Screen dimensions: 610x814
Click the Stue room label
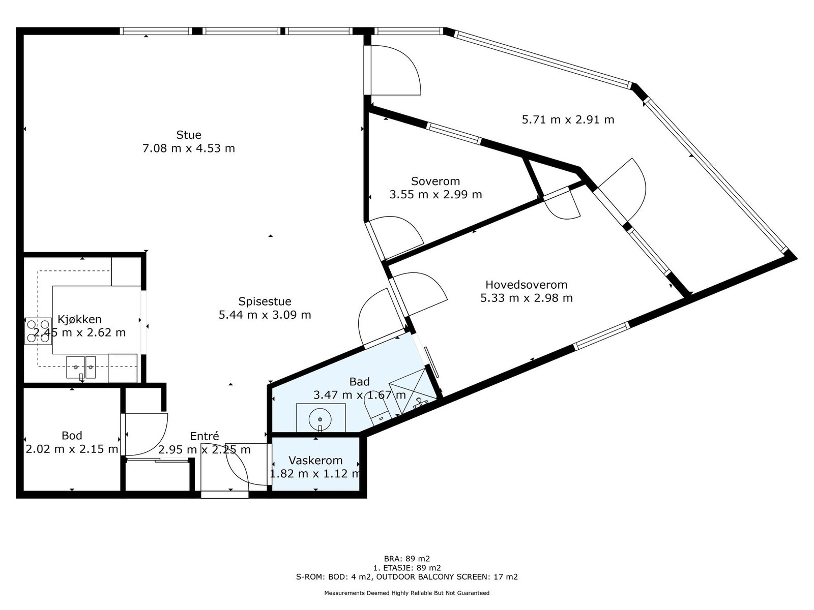tap(189, 135)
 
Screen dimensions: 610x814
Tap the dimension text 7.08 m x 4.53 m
tap(189, 148)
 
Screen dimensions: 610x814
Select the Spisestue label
tap(265, 301)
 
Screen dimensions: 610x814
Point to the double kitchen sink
tap(81, 367)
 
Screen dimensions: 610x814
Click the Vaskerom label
tap(315, 461)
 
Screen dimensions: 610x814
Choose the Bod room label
tap(72, 436)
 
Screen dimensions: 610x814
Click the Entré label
tap(205, 436)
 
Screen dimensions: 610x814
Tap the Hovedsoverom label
tap(526, 285)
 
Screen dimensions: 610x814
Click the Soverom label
tap(435, 181)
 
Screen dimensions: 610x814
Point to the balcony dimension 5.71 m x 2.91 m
tap(568, 120)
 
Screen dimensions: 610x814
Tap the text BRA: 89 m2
tap(407, 558)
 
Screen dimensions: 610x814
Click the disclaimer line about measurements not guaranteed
tap(407, 593)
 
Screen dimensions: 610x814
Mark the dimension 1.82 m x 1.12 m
tap(315, 474)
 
